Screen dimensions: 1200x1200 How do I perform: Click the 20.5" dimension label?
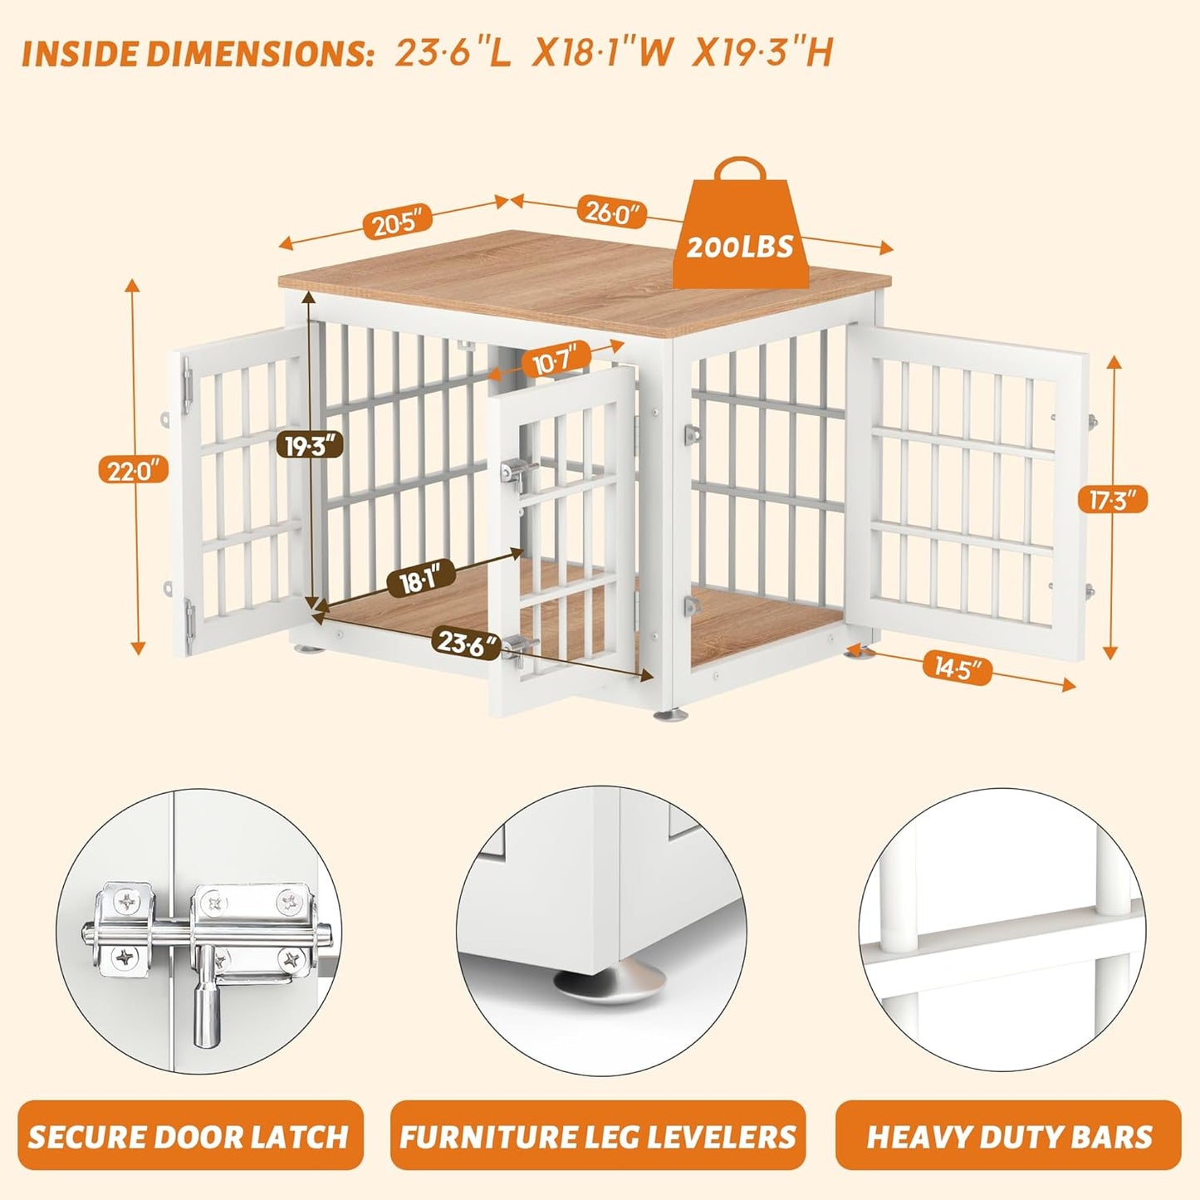pos(398,223)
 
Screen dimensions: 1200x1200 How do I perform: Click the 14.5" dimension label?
pos(958,668)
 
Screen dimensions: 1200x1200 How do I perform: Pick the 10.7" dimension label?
pos(556,361)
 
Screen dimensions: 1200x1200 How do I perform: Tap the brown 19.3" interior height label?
pos(309,446)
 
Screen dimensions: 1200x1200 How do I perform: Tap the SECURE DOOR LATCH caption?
pos(189,1135)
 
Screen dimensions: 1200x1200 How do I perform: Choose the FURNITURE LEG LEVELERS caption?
pos(598,1135)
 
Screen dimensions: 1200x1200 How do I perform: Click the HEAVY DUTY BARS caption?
pos(1009,1135)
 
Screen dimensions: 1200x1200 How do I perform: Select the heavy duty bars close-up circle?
pos(1002,931)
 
